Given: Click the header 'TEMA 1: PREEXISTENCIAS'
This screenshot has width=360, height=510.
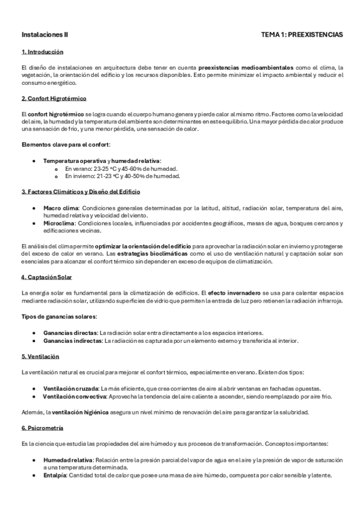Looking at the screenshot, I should point(302,35).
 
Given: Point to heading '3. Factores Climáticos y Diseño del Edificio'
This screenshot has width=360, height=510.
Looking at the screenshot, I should point(81,191).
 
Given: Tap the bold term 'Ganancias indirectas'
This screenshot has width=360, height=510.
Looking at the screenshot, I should point(72,340).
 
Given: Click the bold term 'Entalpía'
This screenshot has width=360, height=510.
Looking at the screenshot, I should point(56,475).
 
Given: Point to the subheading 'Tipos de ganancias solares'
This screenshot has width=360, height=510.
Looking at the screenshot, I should point(59,316).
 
